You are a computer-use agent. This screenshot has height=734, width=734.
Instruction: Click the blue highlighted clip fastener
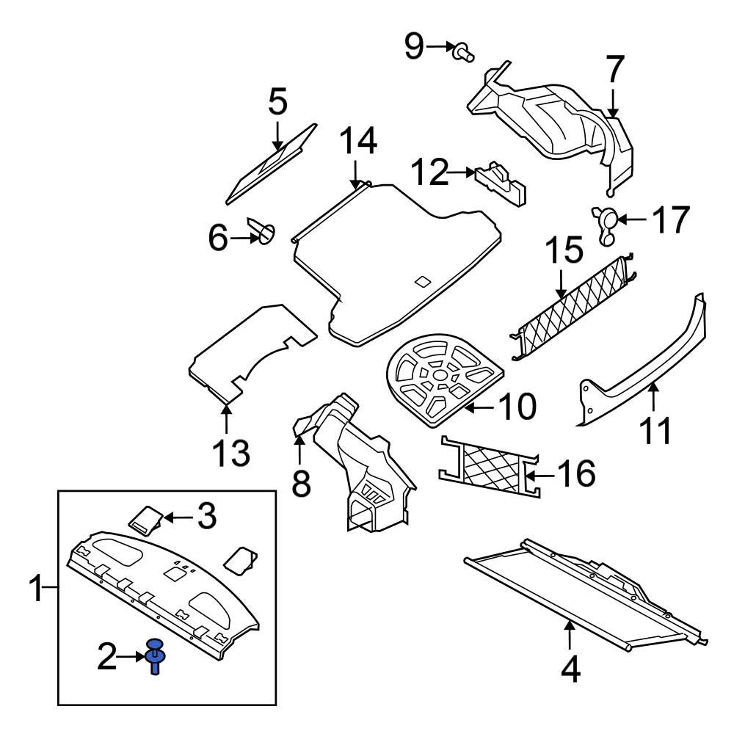tap(155, 655)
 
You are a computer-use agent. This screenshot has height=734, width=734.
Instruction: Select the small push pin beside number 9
tap(462, 51)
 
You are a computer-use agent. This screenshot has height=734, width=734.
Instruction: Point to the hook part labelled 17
tap(606, 223)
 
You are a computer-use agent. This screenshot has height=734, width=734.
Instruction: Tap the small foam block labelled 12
tap(502, 183)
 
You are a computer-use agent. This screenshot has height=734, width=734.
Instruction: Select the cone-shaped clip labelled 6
tap(264, 232)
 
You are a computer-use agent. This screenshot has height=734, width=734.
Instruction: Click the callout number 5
tap(277, 103)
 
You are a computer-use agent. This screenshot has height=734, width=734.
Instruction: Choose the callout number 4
tap(570, 669)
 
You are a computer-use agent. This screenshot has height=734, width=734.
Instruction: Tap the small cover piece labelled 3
tap(148, 520)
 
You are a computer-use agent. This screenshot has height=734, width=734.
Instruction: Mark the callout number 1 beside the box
tap(35, 589)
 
